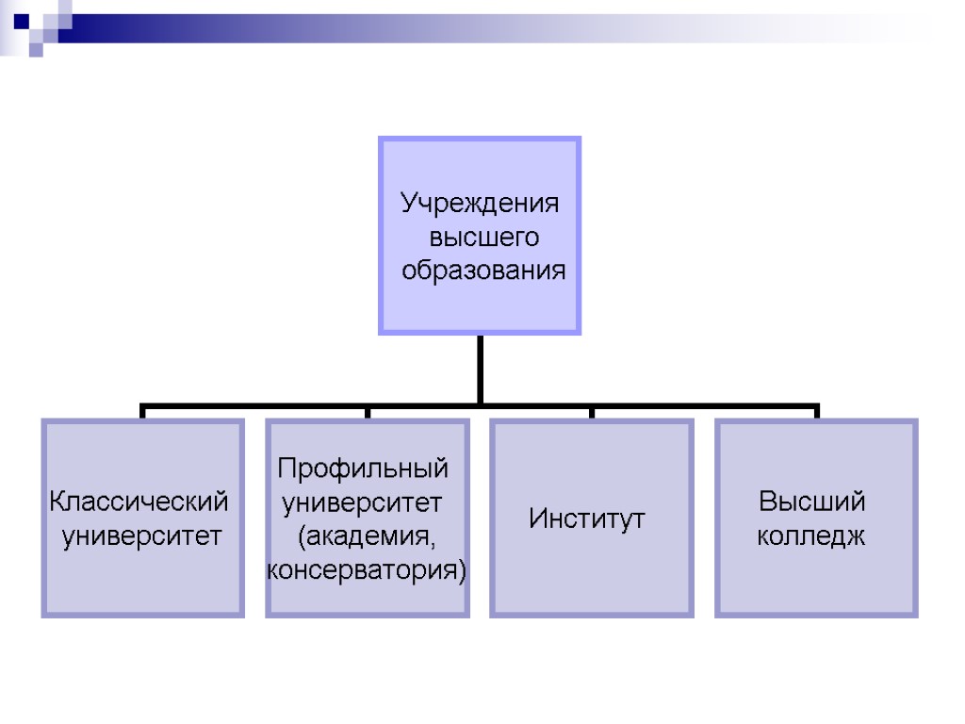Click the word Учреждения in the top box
(x=479, y=204)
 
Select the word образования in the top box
(x=483, y=271)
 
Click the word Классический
(x=139, y=501)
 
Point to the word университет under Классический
(x=142, y=536)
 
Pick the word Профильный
(x=363, y=467)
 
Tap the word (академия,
(x=368, y=536)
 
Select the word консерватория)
(x=368, y=570)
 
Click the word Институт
(x=587, y=518)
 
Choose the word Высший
(x=812, y=501)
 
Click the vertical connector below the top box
(x=480, y=370)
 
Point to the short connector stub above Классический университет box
(x=142, y=413)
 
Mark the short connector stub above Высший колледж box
(x=816, y=413)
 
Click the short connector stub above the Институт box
(x=592, y=413)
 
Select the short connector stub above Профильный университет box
(x=368, y=413)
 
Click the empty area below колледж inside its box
(x=816, y=584)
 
